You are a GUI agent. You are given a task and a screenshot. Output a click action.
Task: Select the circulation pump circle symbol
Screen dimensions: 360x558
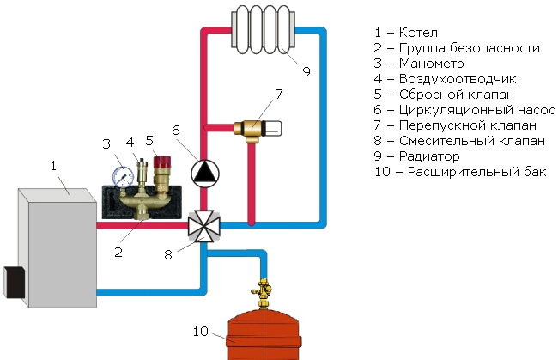(x=203, y=173)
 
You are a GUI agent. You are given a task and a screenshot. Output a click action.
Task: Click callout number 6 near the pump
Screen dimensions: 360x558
(x=175, y=131)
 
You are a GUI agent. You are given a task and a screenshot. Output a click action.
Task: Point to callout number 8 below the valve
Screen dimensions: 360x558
(x=168, y=255)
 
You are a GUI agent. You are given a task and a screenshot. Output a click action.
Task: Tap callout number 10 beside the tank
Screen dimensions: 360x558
(x=200, y=333)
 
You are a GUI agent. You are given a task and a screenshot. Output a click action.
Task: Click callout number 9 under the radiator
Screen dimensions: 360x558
(x=306, y=71)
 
